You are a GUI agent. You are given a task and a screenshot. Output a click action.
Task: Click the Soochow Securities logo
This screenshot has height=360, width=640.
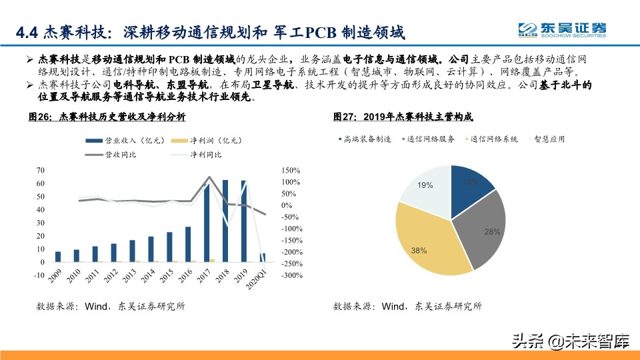563,29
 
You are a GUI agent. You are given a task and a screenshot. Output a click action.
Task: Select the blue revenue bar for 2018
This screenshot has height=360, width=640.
225,221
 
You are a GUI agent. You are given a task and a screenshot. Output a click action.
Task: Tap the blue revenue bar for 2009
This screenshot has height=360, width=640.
58,257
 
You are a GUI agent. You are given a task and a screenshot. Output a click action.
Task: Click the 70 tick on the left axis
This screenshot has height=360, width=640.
40,171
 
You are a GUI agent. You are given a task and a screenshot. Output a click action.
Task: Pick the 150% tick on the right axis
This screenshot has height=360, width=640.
291,171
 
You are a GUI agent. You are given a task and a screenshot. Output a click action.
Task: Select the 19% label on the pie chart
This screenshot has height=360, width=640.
425,185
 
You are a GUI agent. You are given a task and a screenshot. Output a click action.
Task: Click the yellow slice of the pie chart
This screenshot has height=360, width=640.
427,240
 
